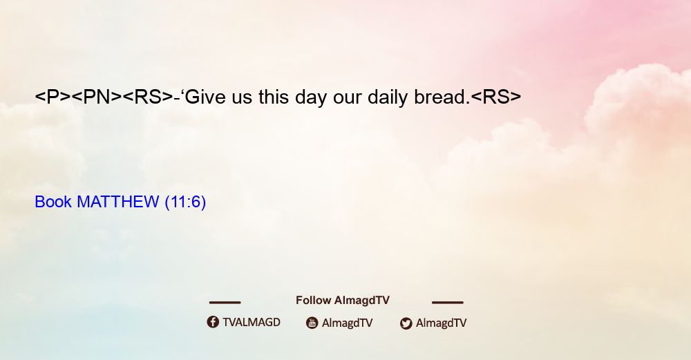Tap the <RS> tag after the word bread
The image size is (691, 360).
(496, 97)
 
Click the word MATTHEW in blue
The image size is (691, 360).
(117, 202)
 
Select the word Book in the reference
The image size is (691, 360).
(53, 202)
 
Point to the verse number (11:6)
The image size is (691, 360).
(185, 202)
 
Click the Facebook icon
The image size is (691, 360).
(213, 322)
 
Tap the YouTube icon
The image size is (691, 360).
(312, 323)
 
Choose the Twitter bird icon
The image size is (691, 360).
(406, 323)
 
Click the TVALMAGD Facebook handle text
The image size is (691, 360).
(252, 322)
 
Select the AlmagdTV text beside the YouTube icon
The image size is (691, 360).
(348, 323)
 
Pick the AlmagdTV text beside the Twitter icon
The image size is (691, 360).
(441, 323)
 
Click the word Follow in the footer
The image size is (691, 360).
(313, 301)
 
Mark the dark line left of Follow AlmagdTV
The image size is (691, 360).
(225, 303)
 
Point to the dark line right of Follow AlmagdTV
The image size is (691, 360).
(448, 303)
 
